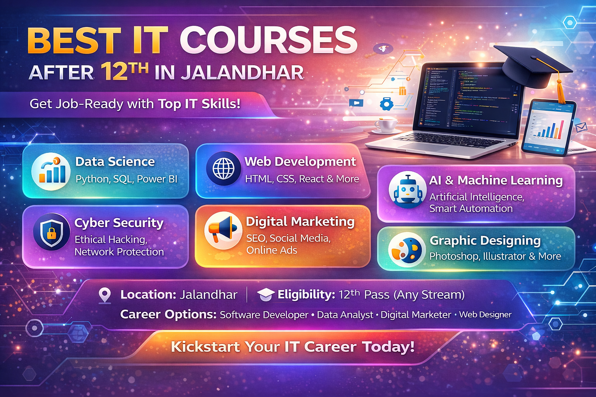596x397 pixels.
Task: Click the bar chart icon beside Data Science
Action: click(x=51, y=172)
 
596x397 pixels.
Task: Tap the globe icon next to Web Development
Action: click(x=223, y=169)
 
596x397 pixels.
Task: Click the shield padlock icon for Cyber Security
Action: click(x=52, y=231)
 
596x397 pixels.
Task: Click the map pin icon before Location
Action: click(x=105, y=295)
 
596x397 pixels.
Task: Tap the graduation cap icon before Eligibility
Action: click(x=266, y=294)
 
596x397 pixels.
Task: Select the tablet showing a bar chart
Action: click(x=548, y=127)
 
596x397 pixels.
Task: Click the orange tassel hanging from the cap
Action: click(x=561, y=91)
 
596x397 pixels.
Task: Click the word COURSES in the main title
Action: click(x=268, y=41)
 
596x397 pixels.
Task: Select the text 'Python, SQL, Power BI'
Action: click(x=126, y=179)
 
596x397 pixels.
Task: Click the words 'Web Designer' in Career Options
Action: click(x=485, y=314)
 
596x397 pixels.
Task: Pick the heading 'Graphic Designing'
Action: click(x=485, y=240)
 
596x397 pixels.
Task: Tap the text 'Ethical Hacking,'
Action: click(x=111, y=240)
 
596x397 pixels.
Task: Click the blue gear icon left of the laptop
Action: click(x=387, y=104)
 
